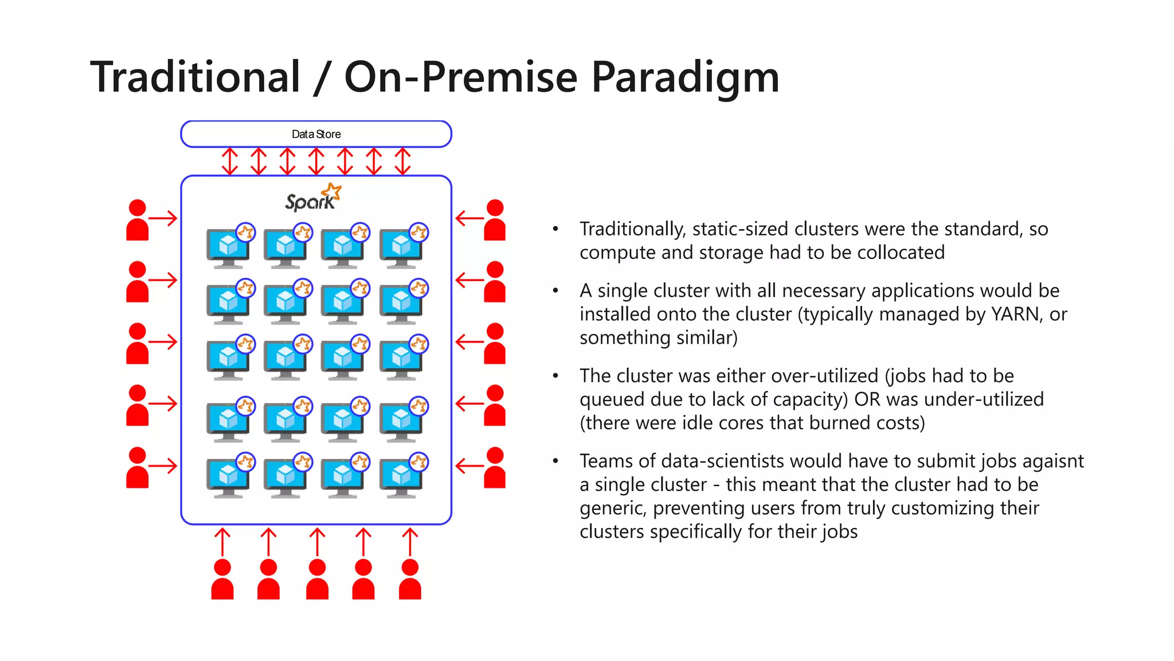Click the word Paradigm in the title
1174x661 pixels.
pos(685,77)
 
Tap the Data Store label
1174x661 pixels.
pos(316,134)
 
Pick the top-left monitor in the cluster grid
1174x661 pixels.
pos(229,247)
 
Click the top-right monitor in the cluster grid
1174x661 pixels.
pos(401,247)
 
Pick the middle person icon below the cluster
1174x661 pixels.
pos(317,580)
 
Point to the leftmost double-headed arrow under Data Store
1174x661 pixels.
pos(230,161)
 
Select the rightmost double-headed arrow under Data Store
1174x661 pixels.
pos(403,161)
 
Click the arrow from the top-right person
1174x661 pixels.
pos(469,218)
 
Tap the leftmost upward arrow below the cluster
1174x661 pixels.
pos(222,542)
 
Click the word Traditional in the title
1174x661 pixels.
pos(195,77)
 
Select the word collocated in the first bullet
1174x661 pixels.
pos(901,253)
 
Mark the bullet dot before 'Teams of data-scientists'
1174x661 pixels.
pos(555,461)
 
